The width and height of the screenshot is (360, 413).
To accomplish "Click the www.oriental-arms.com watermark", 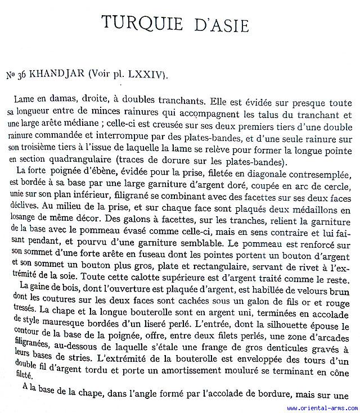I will [321, 408].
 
